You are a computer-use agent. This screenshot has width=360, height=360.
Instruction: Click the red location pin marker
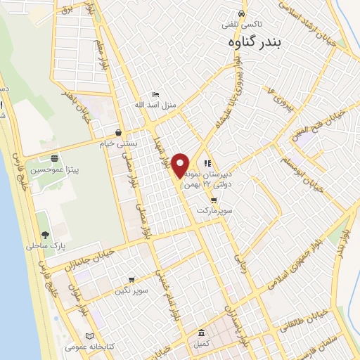coord(181,165)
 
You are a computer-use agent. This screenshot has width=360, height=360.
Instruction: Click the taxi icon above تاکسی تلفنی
coord(242,13)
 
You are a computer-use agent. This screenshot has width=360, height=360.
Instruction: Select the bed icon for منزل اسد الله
coord(156,95)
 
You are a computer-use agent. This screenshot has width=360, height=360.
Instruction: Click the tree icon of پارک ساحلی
coord(46,236)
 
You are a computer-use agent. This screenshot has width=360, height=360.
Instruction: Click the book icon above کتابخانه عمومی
coord(89,335)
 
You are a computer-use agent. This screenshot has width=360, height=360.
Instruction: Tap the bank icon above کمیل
coord(201,333)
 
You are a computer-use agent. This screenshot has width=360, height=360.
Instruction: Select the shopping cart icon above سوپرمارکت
coord(214,200)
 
